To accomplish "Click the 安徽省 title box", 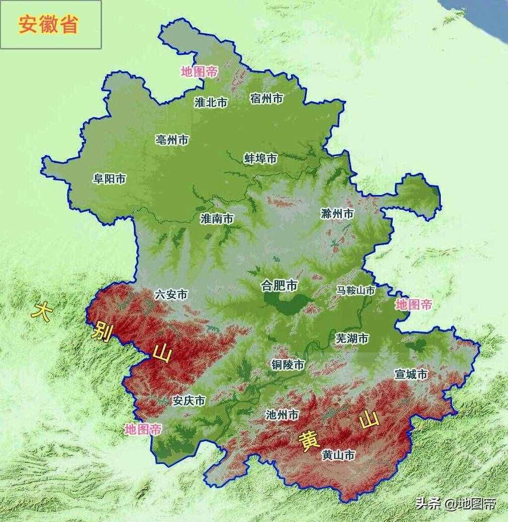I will (51, 24).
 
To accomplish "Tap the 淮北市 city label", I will (211, 103).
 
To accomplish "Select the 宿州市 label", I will (266, 99).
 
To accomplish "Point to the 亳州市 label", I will (172, 140).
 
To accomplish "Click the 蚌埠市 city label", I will (260, 159).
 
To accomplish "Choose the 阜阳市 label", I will (110, 179).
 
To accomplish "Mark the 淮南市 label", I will (217, 219).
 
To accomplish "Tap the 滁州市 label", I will (337, 214).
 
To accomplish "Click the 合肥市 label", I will (279, 286).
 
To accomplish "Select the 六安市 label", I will (171, 295).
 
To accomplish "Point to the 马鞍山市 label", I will (356, 291).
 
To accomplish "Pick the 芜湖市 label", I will (352, 339).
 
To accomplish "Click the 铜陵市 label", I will (288, 365).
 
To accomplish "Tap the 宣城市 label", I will (411, 374).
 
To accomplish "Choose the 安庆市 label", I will (189, 401).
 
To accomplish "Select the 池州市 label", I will (282, 415).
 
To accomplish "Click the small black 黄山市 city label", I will (338, 455).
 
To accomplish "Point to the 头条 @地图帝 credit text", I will (455, 503).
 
